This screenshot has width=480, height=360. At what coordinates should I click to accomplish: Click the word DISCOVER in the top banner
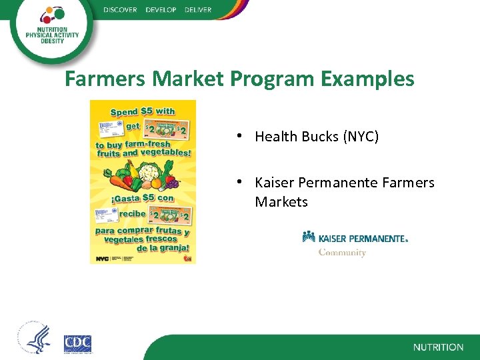point(120,10)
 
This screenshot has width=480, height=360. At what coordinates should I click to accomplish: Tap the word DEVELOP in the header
point(160,10)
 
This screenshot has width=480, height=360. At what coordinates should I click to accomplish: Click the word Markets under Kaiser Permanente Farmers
point(281,201)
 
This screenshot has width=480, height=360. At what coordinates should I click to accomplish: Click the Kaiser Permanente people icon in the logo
point(309,237)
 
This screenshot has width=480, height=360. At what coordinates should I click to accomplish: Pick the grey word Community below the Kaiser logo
point(342,253)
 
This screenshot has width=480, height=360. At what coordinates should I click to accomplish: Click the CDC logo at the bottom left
point(77,343)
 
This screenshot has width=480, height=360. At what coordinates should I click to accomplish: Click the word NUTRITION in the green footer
point(438,347)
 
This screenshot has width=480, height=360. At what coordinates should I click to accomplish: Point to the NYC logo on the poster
point(102,258)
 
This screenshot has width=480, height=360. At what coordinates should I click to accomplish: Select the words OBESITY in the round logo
point(45,40)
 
